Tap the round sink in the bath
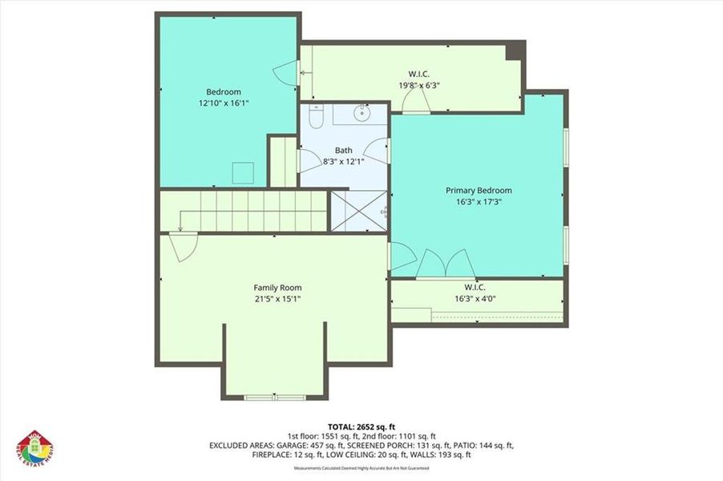(x=362, y=112)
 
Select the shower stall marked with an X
(x=357, y=210)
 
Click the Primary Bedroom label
(x=478, y=191)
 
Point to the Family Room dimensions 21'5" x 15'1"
(x=277, y=299)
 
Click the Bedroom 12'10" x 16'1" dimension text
(x=224, y=103)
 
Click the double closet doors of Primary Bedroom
(x=446, y=265)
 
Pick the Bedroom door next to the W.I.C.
(x=285, y=74)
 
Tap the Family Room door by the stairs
(x=184, y=245)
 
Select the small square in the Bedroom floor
(x=243, y=172)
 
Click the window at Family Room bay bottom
(x=275, y=397)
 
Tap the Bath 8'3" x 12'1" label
(x=343, y=156)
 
